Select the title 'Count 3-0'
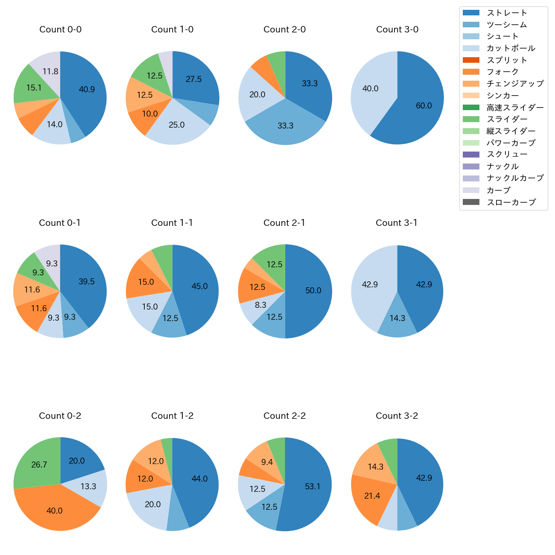[x=397, y=29]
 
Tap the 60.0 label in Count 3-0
[x=424, y=106]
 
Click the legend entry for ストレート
[x=507, y=13]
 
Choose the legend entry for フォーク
[x=502, y=72]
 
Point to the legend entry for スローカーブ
[x=511, y=202]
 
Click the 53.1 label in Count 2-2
[x=313, y=487]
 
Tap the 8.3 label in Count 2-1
[x=260, y=305]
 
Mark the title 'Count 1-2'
[x=172, y=416]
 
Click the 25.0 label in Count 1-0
[x=177, y=125]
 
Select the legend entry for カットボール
[x=511, y=48]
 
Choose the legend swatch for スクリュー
[x=471, y=155]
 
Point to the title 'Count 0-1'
[x=60, y=223]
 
